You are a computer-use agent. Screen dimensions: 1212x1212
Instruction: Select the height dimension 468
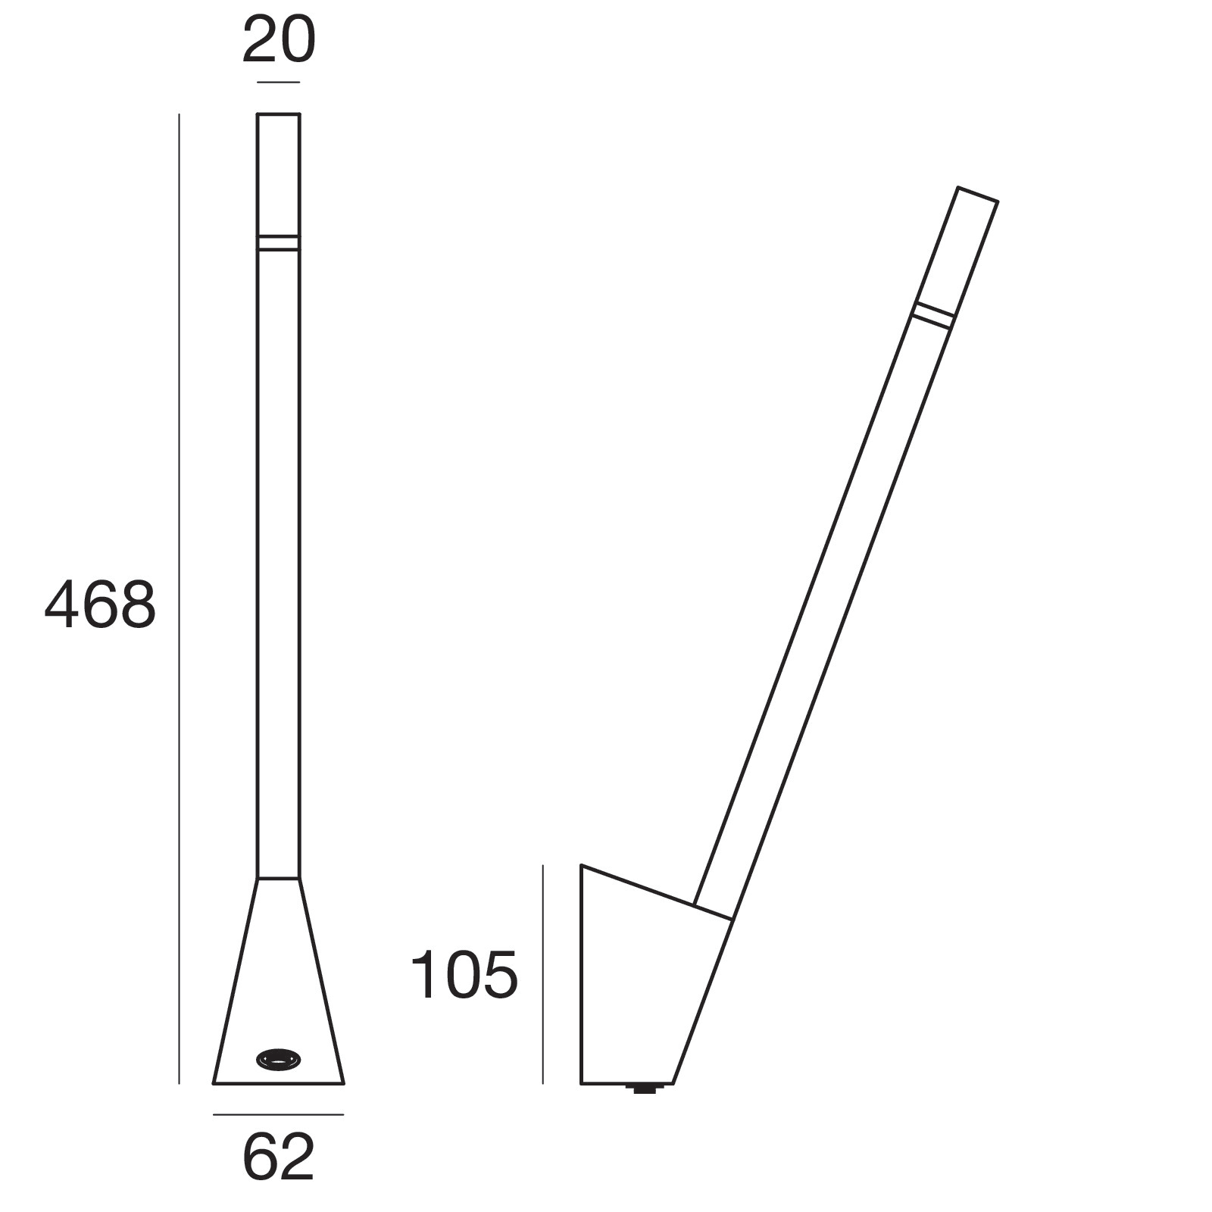tap(100, 604)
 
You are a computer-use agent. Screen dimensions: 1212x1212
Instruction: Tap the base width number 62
tap(278, 1157)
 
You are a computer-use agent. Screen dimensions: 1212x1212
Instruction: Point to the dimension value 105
tap(464, 975)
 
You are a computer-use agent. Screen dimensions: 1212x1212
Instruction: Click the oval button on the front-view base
tap(279, 1058)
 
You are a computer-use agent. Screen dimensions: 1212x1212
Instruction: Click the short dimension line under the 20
tap(278, 82)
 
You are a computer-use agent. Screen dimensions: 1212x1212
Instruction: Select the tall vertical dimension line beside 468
tap(179, 598)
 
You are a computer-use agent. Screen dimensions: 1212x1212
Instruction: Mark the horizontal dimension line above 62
tap(278, 1114)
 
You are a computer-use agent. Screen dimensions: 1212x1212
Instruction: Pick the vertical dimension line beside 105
tap(543, 974)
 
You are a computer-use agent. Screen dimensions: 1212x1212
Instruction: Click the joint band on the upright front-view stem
tap(278, 242)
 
